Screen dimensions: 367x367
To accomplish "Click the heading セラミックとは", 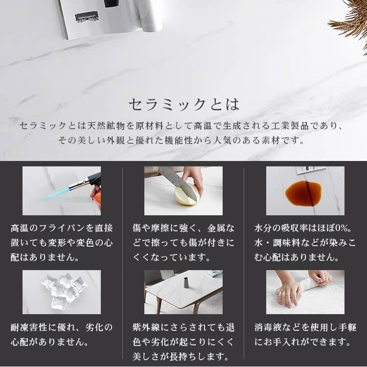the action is [x=184, y=104].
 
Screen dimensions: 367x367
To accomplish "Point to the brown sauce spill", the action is [x=303, y=193].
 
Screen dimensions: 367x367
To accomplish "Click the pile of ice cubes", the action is [x=64, y=290].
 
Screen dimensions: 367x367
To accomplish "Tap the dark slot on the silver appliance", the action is [x=87, y=16].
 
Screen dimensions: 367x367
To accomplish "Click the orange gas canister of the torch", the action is [x=98, y=200].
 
